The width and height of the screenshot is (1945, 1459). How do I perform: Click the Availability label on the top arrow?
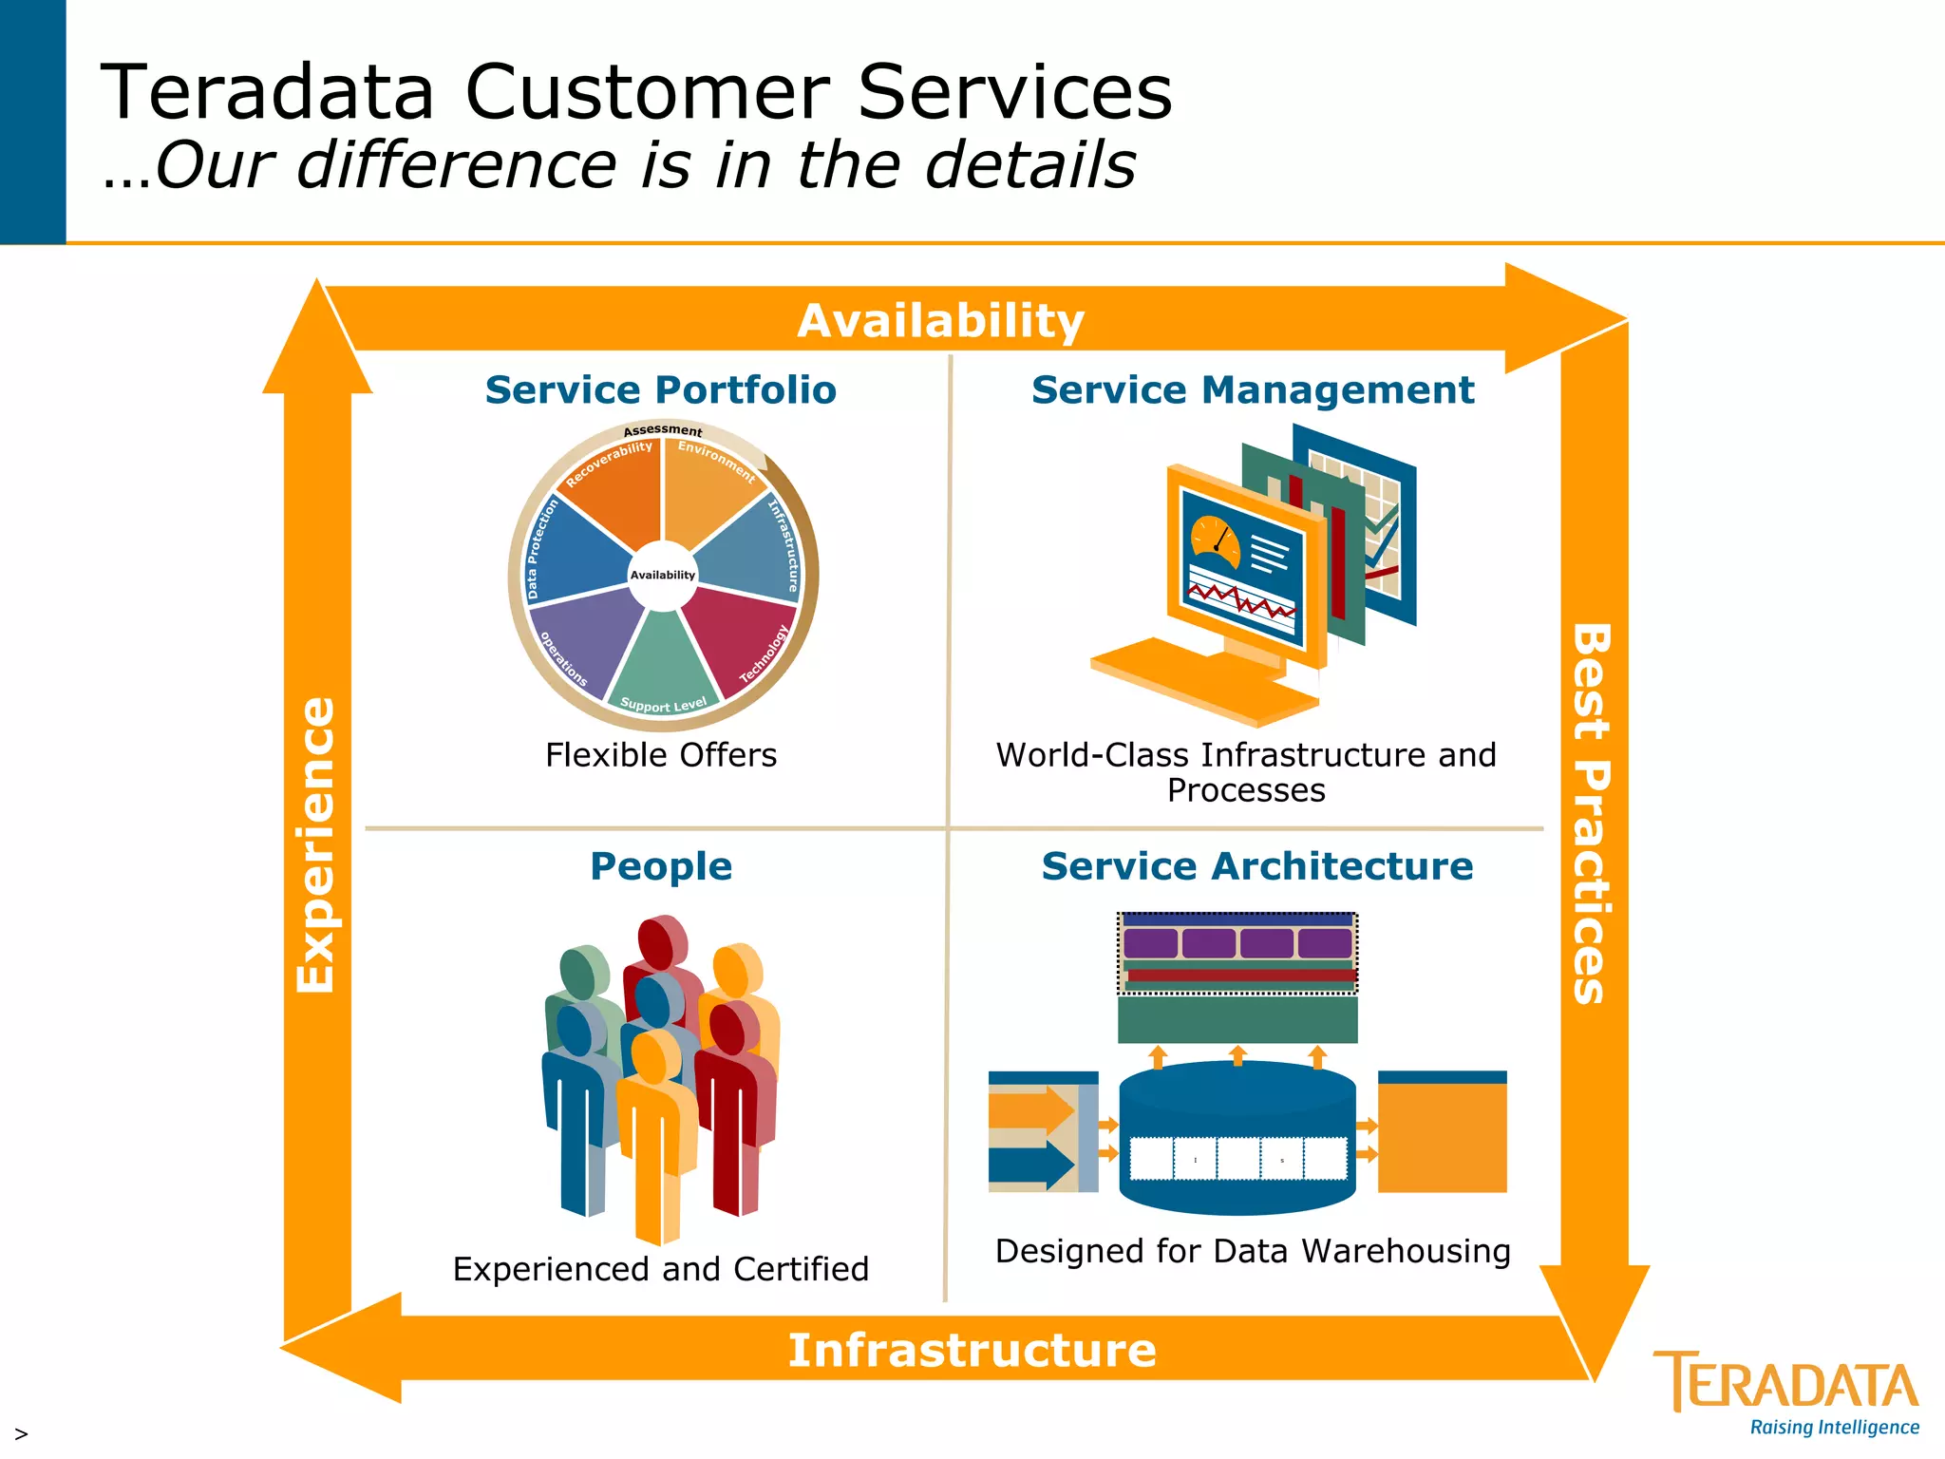point(940,321)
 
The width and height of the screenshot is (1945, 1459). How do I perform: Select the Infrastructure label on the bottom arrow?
point(972,1350)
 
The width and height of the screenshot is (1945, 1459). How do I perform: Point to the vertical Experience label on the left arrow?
point(316,845)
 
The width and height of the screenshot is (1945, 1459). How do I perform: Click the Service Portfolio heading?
point(660,390)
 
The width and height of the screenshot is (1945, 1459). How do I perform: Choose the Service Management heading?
point(1252,390)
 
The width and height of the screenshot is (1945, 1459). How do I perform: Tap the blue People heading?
point(660,866)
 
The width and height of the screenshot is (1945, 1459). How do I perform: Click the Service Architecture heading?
point(1256,866)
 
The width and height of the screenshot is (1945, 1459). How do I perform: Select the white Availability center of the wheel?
point(663,575)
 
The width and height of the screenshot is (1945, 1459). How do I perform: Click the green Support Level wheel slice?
point(664,665)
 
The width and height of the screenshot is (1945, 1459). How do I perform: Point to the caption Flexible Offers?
point(660,755)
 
